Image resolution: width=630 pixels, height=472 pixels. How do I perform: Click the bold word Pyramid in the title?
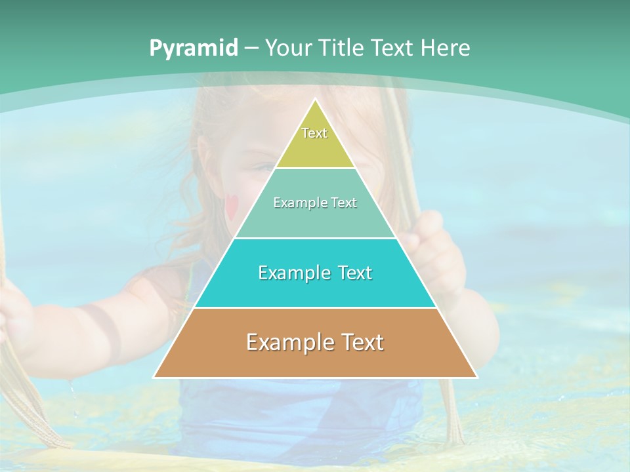[x=194, y=48]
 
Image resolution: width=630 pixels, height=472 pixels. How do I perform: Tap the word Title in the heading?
[x=341, y=48]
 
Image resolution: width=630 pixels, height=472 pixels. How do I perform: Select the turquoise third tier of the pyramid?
[x=315, y=288]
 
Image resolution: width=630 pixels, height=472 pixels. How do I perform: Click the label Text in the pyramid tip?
[x=314, y=133]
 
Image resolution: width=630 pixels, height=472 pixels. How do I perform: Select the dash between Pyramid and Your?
[x=251, y=49]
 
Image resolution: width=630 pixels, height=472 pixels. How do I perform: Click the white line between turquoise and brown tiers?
[x=315, y=307]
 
